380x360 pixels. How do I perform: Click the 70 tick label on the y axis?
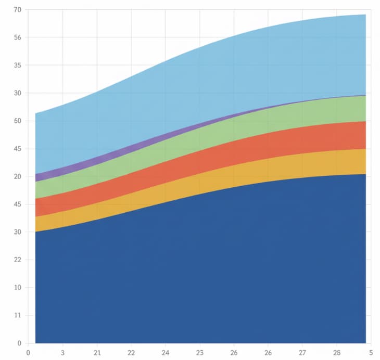pyautogui.click(x=18, y=10)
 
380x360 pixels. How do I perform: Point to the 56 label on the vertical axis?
pyautogui.click(x=18, y=37)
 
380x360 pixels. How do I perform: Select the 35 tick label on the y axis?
pyautogui.click(x=18, y=66)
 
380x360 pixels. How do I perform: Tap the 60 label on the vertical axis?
pyautogui.click(x=18, y=121)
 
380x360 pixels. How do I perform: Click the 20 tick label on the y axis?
pyautogui.click(x=18, y=177)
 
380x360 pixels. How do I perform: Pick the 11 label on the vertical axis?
pyautogui.click(x=18, y=315)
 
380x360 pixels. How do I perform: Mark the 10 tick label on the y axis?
pyautogui.click(x=18, y=288)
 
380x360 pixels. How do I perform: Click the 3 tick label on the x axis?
pyautogui.click(x=62, y=352)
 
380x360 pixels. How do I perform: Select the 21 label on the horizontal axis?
pyautogui.click(x=97, y=352)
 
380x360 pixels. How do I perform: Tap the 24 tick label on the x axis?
pyautogui.click(x=166, y=352)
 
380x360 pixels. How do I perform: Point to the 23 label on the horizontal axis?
pyautogui.click(x=200, y=352)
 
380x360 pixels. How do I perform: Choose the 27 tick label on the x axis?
pyautogui.click(x=302, y=352)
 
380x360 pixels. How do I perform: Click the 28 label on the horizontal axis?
pyautogui.click(x=337, y=352)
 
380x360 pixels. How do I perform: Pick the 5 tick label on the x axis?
pyautogui.click(x=370, y=352)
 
